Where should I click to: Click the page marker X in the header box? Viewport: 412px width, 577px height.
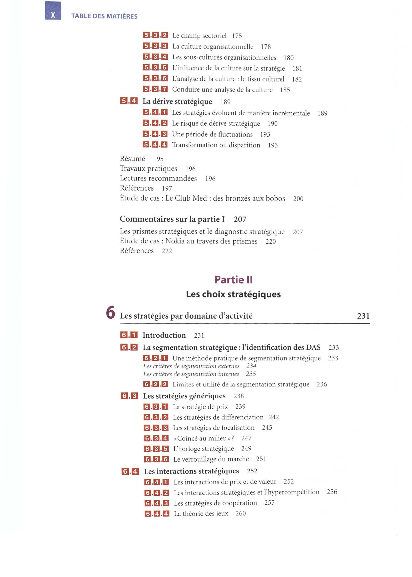53,15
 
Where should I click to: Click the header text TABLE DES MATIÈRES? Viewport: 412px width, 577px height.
104,16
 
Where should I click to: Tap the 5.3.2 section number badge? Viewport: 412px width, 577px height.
155,35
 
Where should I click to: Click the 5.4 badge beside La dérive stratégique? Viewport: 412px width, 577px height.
129,101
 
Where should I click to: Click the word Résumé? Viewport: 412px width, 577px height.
132,159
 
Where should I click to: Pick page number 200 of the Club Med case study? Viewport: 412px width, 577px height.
298,199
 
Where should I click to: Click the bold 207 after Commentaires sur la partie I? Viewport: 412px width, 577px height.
240,219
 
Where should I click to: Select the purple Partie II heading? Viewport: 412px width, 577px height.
233,280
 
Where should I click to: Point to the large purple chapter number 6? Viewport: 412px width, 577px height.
110,313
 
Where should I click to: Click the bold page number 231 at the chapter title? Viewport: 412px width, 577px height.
363,316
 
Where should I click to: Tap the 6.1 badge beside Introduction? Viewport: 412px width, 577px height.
129,335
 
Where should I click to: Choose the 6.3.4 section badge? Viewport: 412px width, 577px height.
156,438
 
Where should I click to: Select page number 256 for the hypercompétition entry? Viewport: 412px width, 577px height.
332,492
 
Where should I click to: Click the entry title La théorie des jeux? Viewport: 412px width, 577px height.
201,513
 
